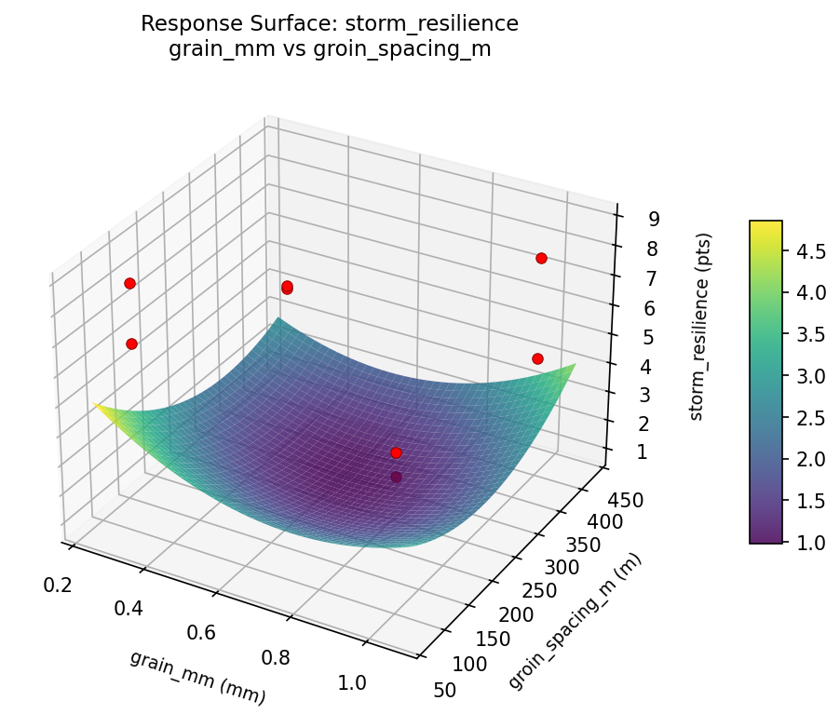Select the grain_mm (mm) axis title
197,677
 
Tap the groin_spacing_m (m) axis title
575,621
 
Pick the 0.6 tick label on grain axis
201,633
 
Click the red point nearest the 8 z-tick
541,258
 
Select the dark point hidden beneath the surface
396,477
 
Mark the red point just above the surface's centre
396,452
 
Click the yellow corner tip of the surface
95,405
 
